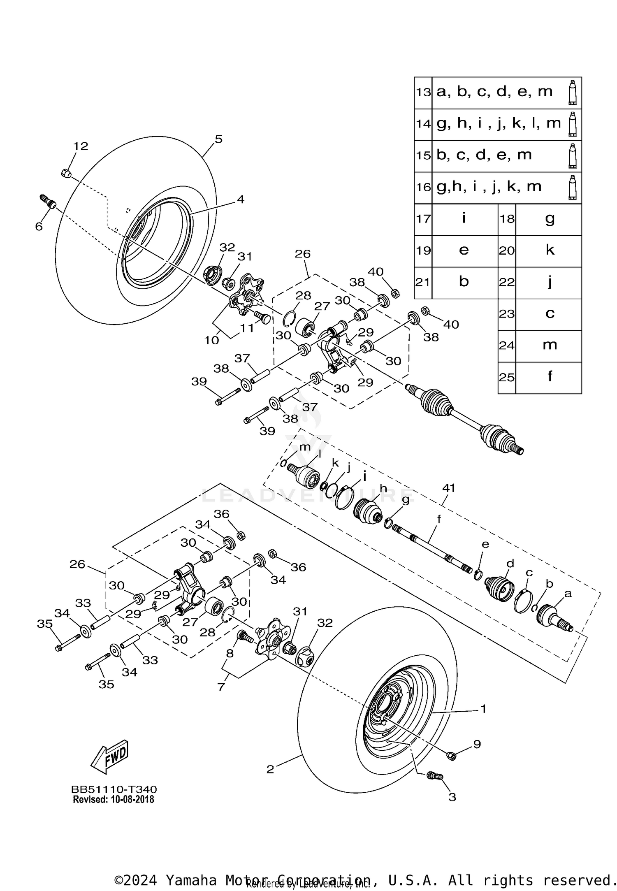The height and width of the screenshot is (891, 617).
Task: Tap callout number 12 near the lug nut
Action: pyautogui.click(x=81, y=146)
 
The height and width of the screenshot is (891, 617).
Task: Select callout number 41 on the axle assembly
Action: pyautogui.click(x=448, y=488)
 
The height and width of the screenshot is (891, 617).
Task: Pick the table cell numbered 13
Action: pyautogui.click(x=423, y=92)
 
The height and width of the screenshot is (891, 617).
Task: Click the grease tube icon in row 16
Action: pyautogui.click(x=572, y=188)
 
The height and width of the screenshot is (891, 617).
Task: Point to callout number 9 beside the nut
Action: pyautogui.click(x=476, y=744)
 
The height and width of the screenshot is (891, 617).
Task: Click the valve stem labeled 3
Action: pyautogui.click(x=434, y=776)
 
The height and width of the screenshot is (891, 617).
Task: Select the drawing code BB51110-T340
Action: pyautogui.click(x=114, y=789)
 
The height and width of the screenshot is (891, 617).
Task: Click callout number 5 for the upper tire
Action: pyautogui.click(x=218, y=139)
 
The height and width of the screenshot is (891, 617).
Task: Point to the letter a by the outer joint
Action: pyautogui.click(x=568, y=594)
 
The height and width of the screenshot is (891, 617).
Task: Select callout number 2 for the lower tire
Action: pyautogui.click(x=270, y=769)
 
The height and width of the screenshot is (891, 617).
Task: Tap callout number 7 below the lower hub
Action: pyautogui.click(x=221, y=687)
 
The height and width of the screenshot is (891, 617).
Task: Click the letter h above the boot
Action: pyautogui.click(x=383, y=488)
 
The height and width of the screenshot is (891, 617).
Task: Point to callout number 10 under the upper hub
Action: pyautogui.click(x=211, y=341)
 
